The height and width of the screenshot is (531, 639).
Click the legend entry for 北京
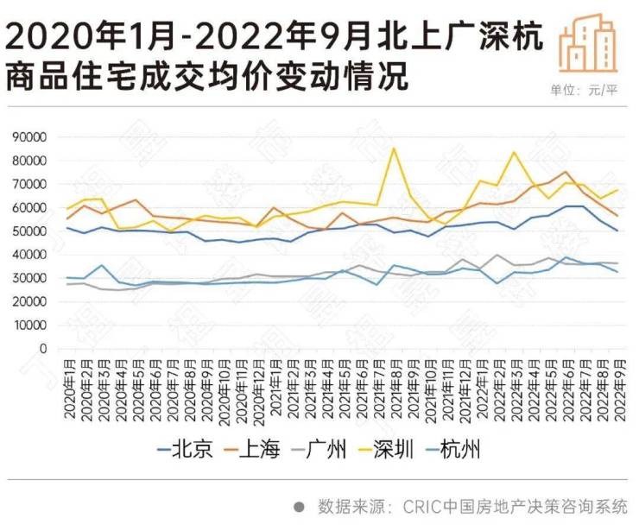tap(185, 449)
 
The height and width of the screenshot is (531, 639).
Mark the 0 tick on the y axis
tap(50, 349)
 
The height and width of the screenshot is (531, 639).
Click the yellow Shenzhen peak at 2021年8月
tap(394, 149)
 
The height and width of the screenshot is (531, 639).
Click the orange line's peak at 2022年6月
tap(565, 172)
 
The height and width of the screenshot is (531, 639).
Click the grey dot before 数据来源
tap(300, 507)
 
